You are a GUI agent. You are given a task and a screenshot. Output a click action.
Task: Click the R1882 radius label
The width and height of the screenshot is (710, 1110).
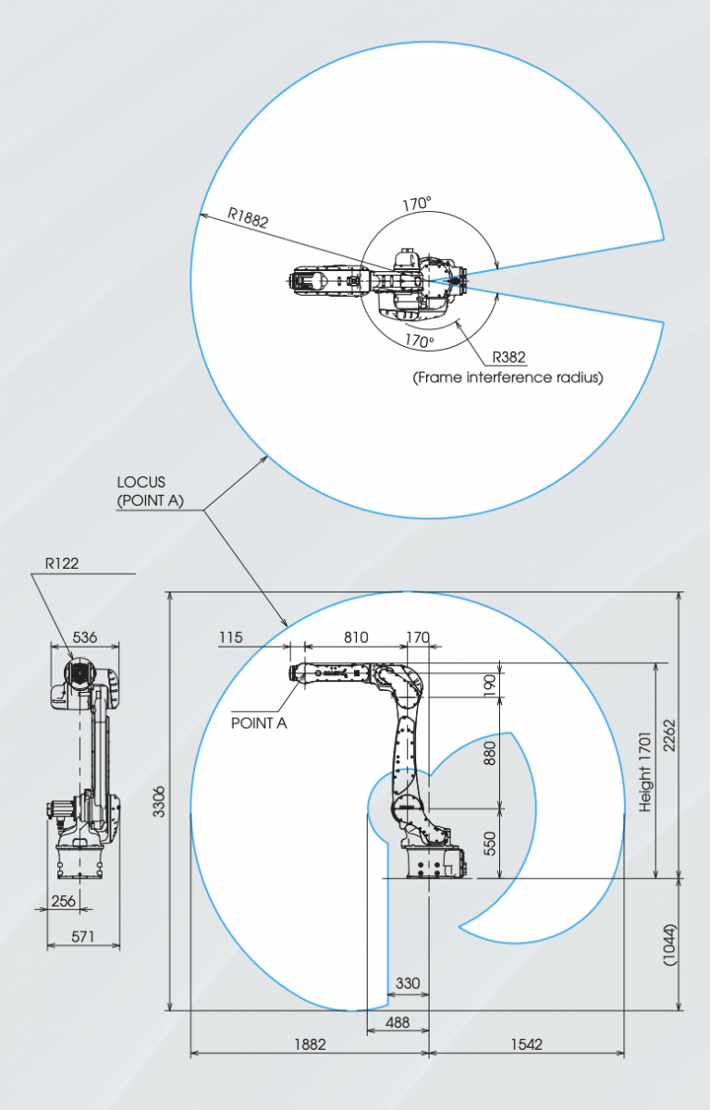(248, 220)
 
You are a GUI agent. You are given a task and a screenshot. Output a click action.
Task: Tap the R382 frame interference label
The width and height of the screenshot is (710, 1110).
(509, 357)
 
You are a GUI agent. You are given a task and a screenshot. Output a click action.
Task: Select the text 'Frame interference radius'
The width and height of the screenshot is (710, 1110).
(508, 377)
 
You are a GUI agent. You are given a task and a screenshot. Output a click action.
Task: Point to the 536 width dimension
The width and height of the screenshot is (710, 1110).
(84, 637)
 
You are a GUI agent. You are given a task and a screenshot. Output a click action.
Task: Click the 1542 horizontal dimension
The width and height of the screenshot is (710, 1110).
(525, 1043)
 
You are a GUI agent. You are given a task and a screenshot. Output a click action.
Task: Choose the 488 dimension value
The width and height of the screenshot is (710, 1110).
(398, 1023)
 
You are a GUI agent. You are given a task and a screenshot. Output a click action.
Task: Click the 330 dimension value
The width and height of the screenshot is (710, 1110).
(408, 983)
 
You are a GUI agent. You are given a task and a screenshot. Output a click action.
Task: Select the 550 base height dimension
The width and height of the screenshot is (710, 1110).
(490, 843)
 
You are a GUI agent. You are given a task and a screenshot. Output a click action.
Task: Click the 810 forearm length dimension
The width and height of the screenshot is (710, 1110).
(356, 637)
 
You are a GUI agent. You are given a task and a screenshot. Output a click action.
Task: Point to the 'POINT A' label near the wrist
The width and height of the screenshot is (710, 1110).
(259, 722)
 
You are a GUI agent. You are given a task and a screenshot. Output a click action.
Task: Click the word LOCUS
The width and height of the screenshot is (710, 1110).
(140, 483)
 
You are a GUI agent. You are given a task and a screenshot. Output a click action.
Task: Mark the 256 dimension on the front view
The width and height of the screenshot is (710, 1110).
(64, 900)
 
